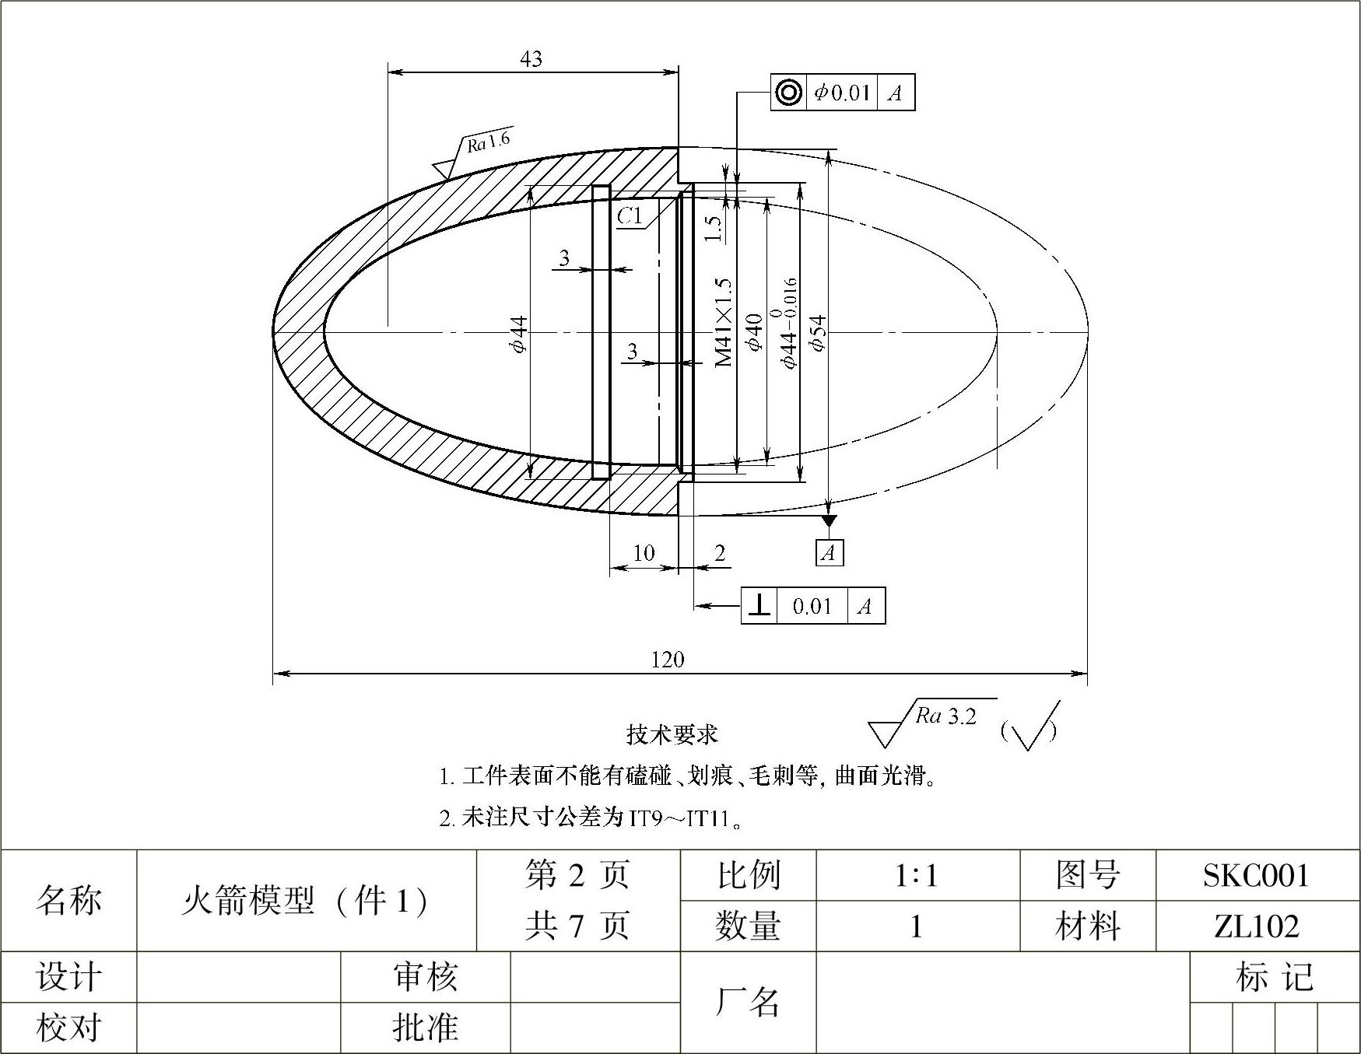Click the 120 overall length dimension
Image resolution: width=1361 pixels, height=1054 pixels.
pos(667,660)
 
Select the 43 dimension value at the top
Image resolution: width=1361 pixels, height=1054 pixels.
pos(531,59)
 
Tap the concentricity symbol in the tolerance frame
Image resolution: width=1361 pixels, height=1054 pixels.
pos(788,93)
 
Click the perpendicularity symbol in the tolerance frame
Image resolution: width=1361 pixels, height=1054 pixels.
pos(759,605)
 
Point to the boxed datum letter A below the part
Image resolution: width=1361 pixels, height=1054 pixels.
pos(830,553)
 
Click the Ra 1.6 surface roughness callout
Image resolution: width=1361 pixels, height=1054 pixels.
pos(489,142)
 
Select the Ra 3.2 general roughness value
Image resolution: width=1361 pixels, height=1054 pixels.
pos(946,716)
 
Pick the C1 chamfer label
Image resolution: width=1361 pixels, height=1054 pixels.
pos(630,215)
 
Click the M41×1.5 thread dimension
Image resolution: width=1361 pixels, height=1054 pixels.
pos(724,322)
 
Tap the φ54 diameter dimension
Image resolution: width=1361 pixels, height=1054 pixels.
pos(817,332)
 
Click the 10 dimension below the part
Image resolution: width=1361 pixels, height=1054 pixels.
pos(644,553)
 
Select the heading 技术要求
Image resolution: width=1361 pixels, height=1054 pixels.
pos(672,734)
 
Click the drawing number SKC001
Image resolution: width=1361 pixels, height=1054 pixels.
pos(1256,876)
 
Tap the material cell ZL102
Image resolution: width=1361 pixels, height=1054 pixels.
pos(1256,926)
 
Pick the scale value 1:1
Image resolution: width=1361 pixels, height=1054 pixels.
pos(916,876)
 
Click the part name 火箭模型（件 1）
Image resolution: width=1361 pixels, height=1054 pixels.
pos(306,901)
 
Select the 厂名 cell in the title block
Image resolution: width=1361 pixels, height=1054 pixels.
pos(747,1002)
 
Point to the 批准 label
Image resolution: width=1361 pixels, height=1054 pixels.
pos(425,1028)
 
